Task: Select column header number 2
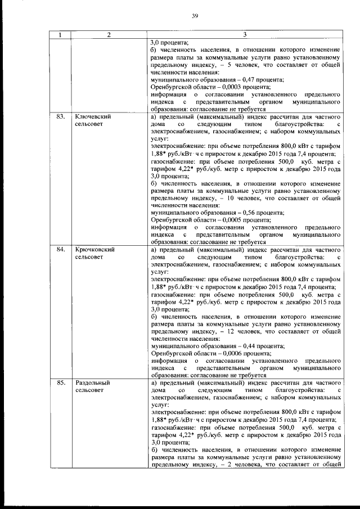[109, 35]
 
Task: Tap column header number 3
[245, 35]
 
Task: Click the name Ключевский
[92, 117]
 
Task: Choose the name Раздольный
[92, 382]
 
